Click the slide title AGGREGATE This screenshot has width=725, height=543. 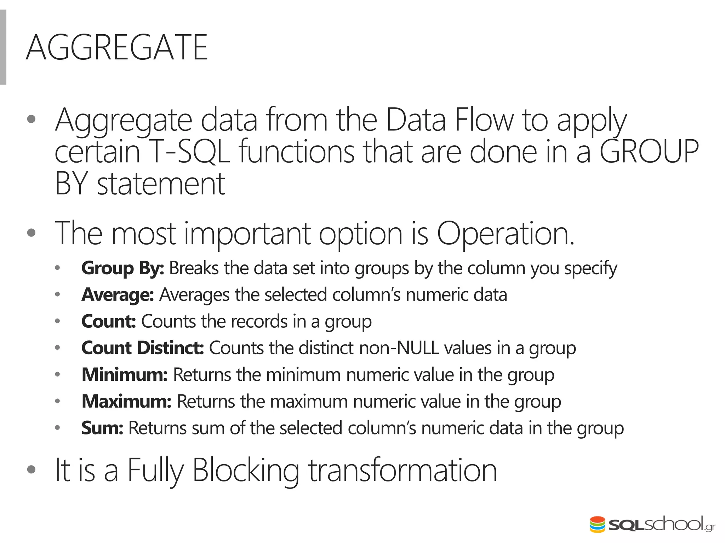pos(117,48)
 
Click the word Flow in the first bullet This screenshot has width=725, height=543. pos(484,120)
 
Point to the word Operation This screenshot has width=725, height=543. pos(506,233)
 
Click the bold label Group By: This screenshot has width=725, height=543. pos(122,268)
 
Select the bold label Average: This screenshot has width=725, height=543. pos(118,295)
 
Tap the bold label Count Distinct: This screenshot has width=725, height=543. pos(143,348)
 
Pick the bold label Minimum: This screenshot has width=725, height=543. pos(124,375)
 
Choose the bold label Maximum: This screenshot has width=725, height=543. pos(126,401)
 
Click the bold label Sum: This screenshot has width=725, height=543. pos(102,428)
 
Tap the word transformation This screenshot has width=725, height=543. pos(403,470)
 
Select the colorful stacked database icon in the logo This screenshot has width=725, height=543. pos(597,525)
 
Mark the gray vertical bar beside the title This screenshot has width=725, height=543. pos(3,47)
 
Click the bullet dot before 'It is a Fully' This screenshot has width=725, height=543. pos(31,469)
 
